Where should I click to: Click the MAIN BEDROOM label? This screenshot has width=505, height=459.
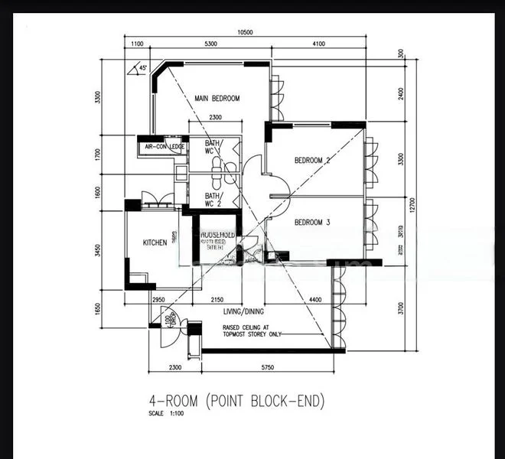217,99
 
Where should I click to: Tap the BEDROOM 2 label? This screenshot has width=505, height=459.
312,161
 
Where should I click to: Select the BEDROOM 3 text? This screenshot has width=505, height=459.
312,223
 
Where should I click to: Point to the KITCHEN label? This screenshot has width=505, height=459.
155,243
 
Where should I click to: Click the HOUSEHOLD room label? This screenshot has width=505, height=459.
217,234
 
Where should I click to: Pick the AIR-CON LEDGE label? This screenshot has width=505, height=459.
161,146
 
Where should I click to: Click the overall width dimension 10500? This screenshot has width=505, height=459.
246,33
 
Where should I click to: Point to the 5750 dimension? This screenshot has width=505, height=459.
267,368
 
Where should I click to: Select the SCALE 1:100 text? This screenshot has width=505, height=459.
167,414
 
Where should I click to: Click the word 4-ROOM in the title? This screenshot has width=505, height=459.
172,401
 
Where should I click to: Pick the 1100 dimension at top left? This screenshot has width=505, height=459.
138,44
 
